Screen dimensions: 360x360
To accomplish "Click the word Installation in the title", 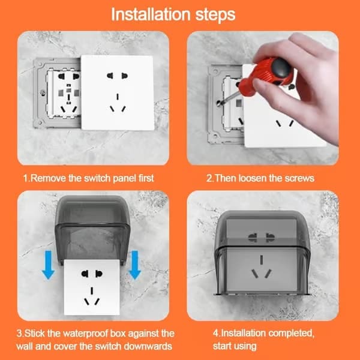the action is tap(151, 14).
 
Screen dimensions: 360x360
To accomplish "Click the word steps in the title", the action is tap(215, 15).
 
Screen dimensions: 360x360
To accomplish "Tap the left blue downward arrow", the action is tap(48, 265).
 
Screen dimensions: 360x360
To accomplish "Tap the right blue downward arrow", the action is tap(134, 265).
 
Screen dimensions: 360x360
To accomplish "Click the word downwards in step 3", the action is tap(148, 346).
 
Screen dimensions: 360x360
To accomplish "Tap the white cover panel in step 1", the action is tap(118, 92).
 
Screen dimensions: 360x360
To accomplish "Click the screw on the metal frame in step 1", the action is tap(43, 93).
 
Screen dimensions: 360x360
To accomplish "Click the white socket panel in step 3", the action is tap(92, 287).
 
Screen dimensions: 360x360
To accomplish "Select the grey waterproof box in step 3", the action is tap(92, 227).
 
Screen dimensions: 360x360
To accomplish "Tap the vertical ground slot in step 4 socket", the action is tap(261, 259).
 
